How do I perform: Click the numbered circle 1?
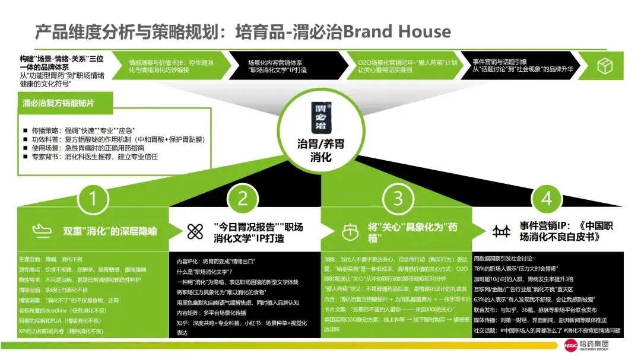[92, 199]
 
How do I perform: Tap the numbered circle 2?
[243, 199]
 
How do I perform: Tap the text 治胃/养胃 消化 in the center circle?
[320, 151]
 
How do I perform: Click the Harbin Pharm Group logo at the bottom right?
[588, 345]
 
